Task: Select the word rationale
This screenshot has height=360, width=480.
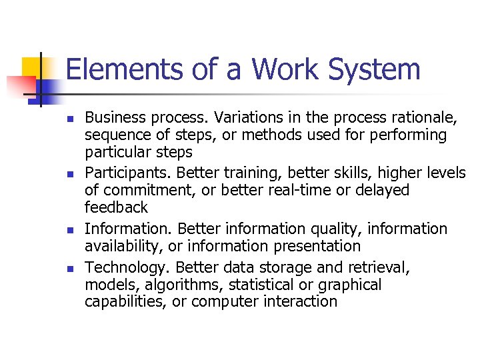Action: pyautogui.click(x=422, y=118)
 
